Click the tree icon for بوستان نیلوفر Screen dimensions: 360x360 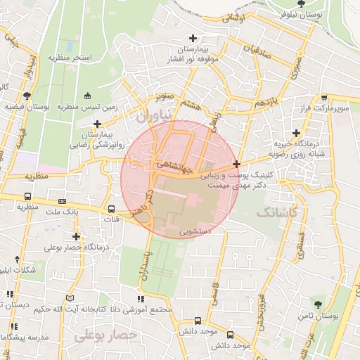coord(301,4)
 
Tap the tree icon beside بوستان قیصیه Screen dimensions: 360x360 coord(27,95)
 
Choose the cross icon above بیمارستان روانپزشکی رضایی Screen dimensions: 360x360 coord(97,124)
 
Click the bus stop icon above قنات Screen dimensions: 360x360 coord(111,209)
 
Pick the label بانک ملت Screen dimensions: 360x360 coord(63,211)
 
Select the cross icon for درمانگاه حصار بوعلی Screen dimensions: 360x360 coord(76,237)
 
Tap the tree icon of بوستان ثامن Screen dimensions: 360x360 coord(318,304)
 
